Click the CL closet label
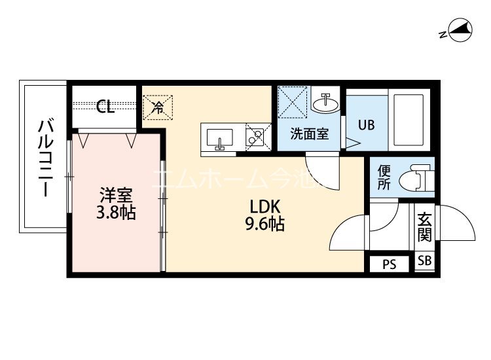[105, 107]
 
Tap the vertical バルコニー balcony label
[45, 157]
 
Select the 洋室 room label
[117, 195]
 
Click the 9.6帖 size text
[264, 225]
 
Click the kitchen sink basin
[219, 137]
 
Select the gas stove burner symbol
[255, 137]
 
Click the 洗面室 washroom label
[310, 134]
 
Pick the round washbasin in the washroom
[325, 102]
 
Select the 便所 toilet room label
[385, 177]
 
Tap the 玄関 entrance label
[424, 226]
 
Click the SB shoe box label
[425, 261]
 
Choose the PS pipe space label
[390, 264]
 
